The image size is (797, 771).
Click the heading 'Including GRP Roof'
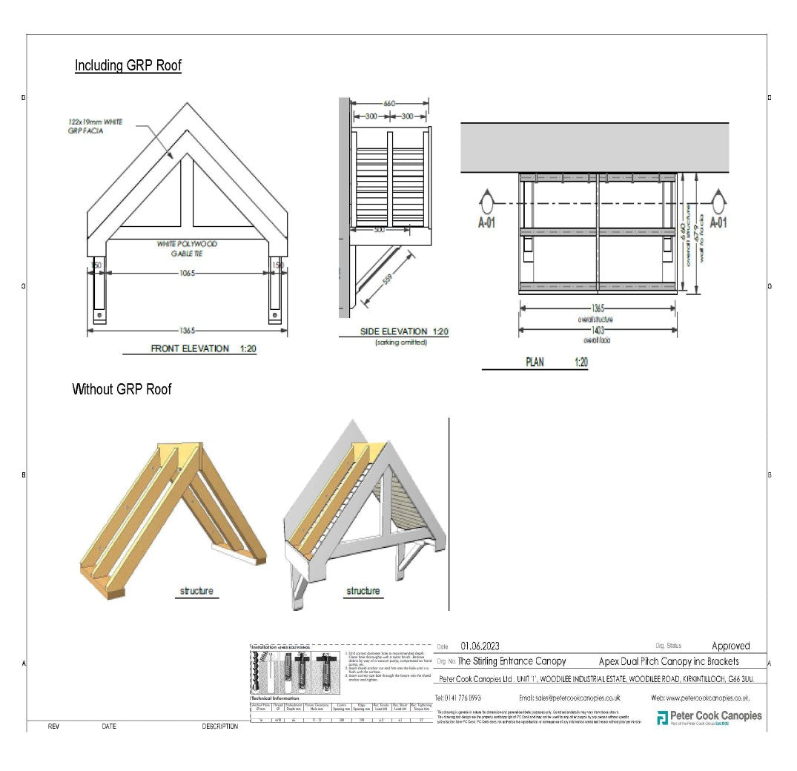pyautogui.click(x=128, y=65)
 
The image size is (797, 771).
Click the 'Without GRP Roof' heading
pyautogui.click(x=122, y=389)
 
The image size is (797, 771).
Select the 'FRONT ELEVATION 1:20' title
pyautogui.click(x=203, y=348)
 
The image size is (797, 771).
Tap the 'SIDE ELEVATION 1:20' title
pyautogui.click(x=404, y=331)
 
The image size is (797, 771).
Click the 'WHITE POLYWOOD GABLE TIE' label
pyautogui.click(x=186, y=248)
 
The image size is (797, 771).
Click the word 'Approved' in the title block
pyautogui.click(x=730, y=646)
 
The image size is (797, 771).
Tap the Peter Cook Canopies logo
pyautogui.click(x=709, y=717)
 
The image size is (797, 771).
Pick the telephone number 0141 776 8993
pyautogui.click(x=458, y=698)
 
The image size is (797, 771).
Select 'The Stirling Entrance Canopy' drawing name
pyautogui.click(x=512, y=661)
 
